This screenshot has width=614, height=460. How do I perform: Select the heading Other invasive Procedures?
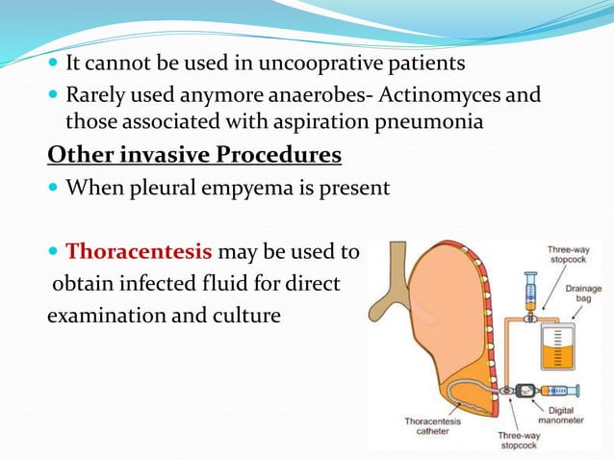[x=193, y=155]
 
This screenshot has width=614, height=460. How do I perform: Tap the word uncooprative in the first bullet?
[x=277, y=64]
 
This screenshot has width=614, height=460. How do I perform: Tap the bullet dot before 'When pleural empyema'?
[x=53, y=188]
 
